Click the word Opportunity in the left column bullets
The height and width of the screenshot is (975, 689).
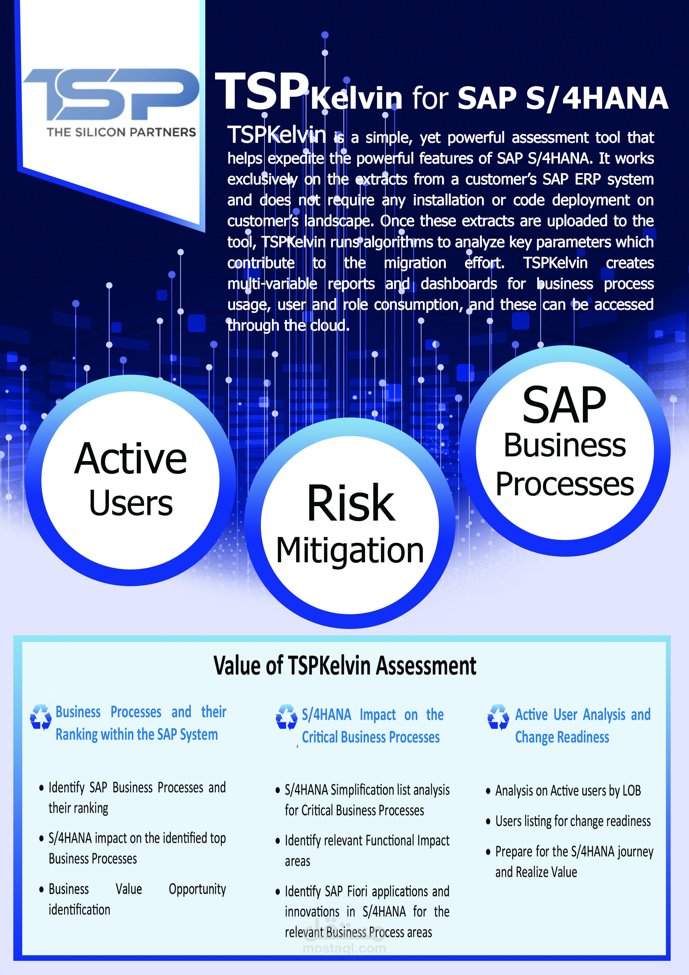198,889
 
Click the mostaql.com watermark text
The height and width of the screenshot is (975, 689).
344,949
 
